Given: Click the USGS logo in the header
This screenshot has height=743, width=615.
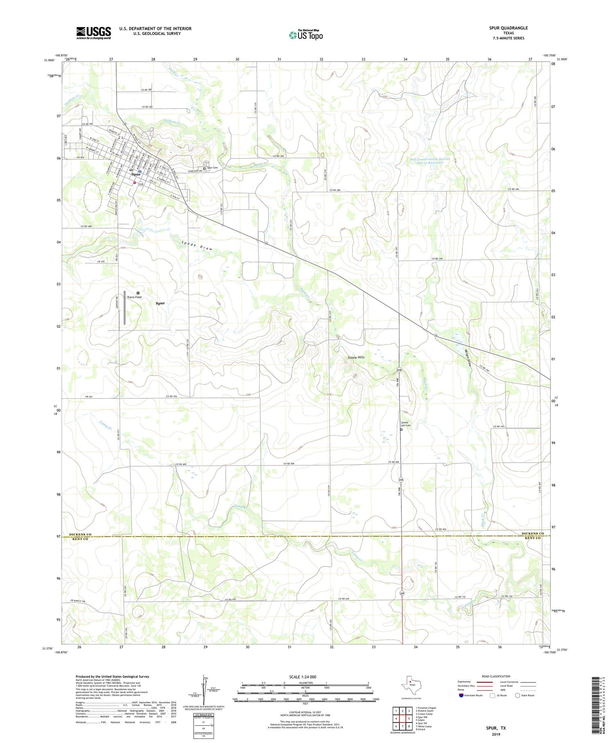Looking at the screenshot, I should point(93,33).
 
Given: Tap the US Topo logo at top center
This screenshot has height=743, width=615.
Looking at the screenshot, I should point(305,35).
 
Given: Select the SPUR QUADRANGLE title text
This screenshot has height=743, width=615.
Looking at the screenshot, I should point(508,28).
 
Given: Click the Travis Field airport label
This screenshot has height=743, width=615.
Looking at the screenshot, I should point(134,297).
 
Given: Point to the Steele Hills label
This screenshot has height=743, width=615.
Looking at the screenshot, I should point(356,357).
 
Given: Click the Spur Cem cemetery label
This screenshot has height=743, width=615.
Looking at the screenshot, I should point(212,168).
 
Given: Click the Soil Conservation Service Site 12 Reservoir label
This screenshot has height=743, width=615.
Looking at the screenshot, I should point(430,161).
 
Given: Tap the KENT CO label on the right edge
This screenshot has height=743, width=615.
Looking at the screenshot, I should point(533,538).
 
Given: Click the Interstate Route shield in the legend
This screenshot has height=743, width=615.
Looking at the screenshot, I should point(461,695).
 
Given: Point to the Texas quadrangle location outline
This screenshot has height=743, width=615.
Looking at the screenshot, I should point(410,684).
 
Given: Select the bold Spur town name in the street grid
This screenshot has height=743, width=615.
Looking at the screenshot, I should point(136,174).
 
